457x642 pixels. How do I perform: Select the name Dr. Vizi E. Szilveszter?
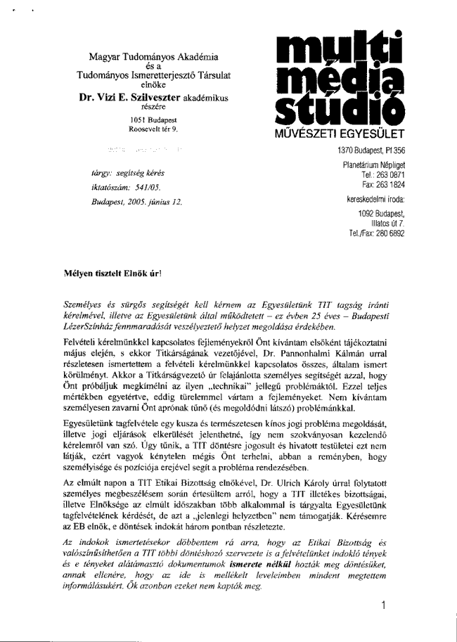(x=130, y=98)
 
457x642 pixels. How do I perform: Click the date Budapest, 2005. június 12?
(x=136, y=202)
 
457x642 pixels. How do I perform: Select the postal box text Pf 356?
(x=394, y=150)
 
